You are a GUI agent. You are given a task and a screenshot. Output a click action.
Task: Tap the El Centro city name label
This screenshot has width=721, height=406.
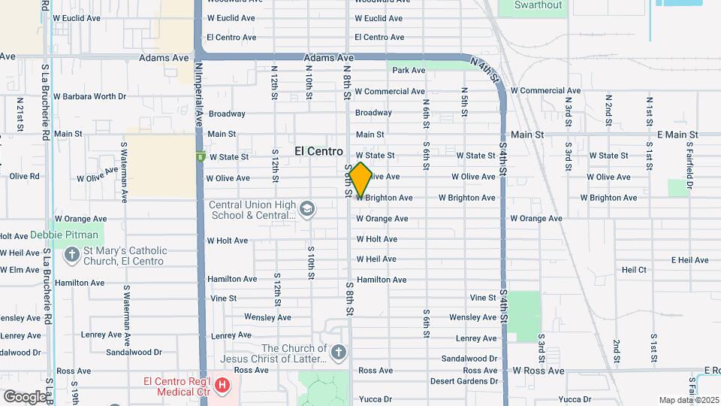318,151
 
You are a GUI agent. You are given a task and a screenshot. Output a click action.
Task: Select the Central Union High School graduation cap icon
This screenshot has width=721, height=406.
306,208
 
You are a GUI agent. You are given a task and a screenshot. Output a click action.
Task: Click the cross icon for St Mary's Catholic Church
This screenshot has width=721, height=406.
72,255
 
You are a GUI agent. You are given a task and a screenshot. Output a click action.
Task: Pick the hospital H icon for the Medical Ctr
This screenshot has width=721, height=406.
222,386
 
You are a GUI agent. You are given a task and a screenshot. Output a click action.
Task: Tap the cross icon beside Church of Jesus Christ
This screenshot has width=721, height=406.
339,352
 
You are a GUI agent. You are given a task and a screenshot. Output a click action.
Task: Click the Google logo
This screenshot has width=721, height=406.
25,396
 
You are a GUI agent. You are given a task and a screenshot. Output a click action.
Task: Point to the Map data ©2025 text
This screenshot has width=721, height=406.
688,399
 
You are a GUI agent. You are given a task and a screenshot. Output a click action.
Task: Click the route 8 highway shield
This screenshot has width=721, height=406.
201,156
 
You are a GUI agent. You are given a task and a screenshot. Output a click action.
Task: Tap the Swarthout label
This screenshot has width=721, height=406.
538,5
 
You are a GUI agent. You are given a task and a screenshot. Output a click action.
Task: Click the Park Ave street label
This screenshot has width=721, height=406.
409,71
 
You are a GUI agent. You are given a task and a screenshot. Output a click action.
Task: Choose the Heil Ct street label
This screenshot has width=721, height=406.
634,269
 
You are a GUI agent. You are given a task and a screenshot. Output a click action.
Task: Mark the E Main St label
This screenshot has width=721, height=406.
677,135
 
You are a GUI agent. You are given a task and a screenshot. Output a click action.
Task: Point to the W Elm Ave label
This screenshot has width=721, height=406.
20,270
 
